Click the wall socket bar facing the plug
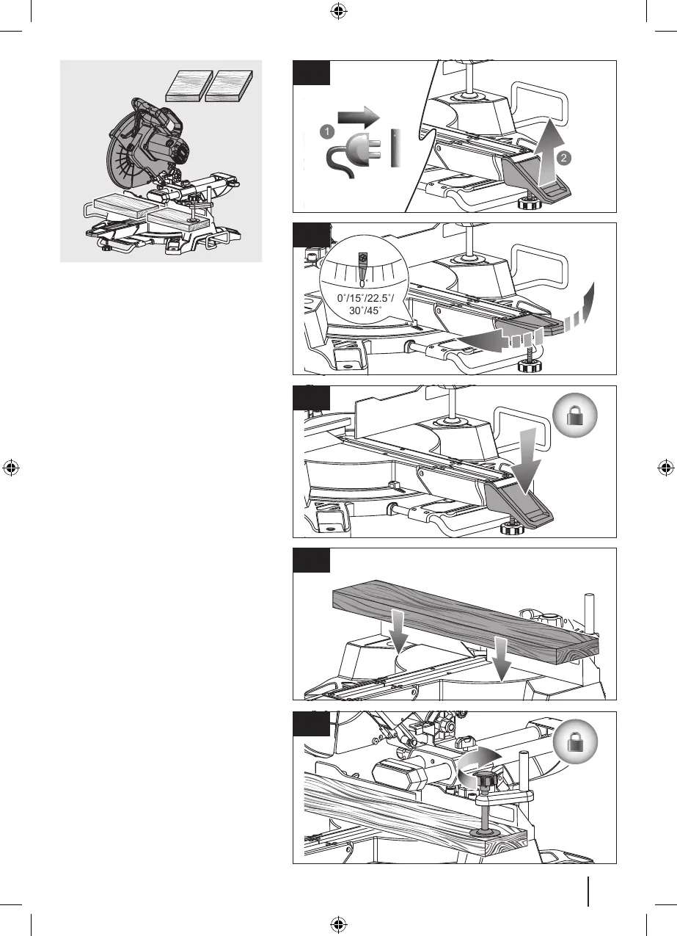[x=394, y=150]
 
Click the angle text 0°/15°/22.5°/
[x=365, y=299]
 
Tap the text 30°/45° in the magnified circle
[x=365, y=311]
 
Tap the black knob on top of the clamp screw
[x=486, y=777]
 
